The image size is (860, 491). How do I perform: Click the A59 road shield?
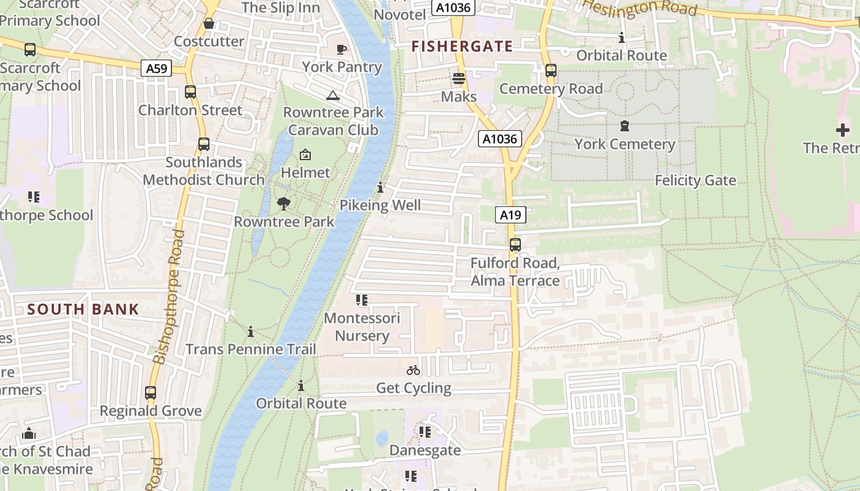coord(157,68)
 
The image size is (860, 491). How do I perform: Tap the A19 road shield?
coord(510,215)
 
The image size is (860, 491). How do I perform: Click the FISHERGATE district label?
coord(462,46)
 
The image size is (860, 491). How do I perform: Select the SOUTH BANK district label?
coord(84,309)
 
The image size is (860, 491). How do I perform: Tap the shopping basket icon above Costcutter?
coord(209,23)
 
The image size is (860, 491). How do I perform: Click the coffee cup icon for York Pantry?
coord(342,49)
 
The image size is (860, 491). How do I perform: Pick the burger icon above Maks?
coord(458,79)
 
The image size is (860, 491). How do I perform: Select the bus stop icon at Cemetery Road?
coord(551,71)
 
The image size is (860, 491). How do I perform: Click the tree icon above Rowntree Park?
coord(283,203)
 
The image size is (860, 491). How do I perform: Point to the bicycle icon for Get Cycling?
coord(413,370)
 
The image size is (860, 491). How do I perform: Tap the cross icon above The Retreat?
coord(842,130)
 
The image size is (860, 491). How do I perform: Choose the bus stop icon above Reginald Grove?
coord(150,393)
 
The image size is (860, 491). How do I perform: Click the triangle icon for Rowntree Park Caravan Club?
coord(332,95)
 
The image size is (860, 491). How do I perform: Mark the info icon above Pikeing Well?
coord(380,187)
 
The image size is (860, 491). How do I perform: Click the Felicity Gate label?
coord(695,180)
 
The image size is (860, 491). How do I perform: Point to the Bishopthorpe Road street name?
coord(170,297)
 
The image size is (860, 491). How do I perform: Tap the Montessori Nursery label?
coord(362,327)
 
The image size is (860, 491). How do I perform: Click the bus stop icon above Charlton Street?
coord(190,92)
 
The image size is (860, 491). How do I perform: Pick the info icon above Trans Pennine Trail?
coord(251,332)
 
